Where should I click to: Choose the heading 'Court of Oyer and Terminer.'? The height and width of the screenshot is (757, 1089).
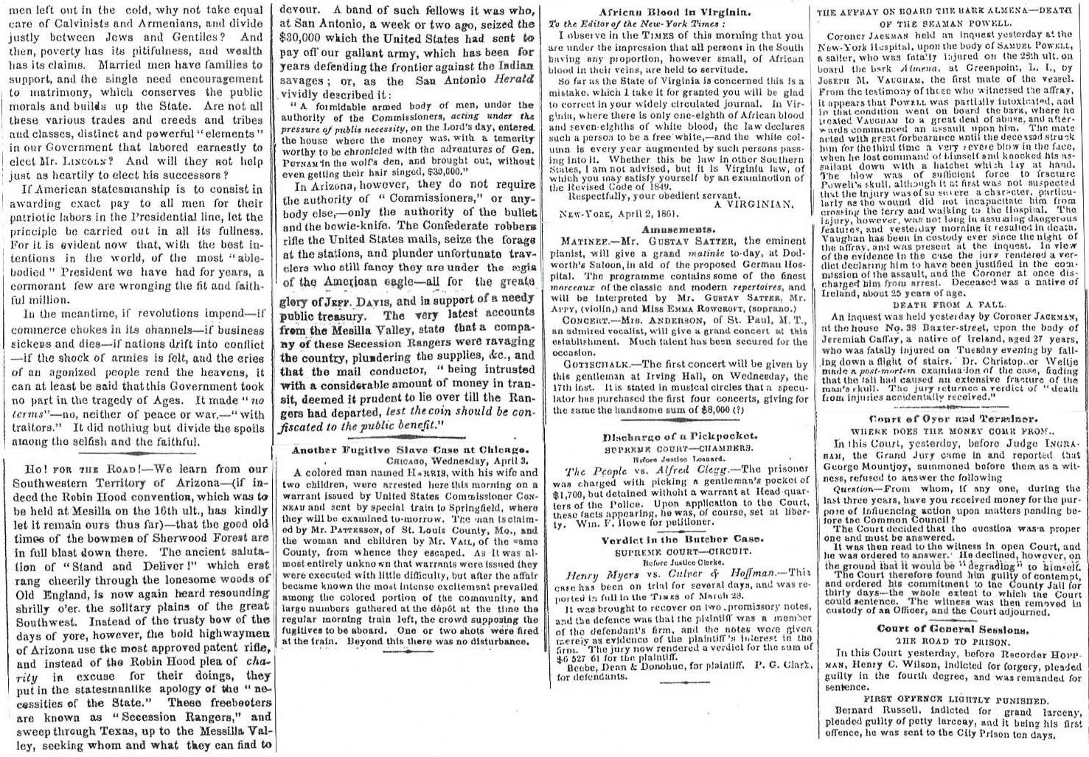[948, 416]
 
